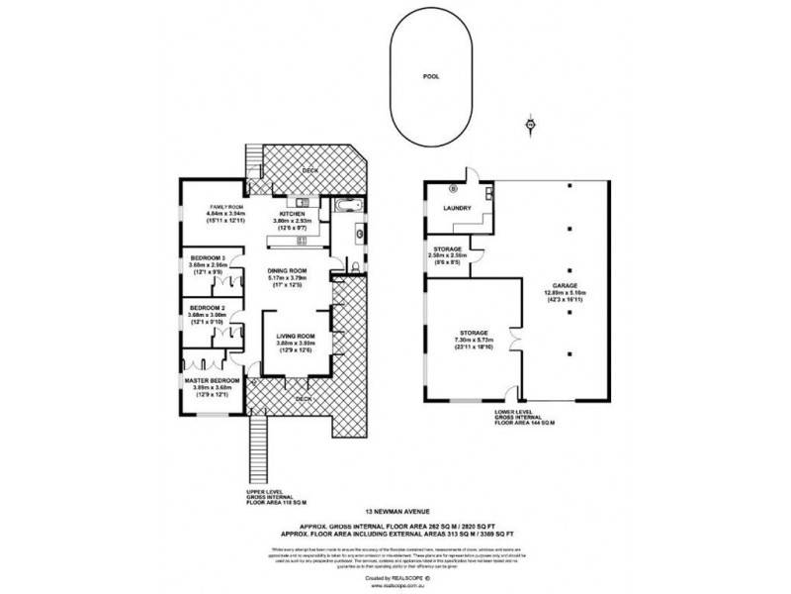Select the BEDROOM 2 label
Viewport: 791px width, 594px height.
coord(209,308)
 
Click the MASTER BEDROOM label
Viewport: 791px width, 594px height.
coord(213,380)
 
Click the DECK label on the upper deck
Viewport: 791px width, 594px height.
coord(308,168)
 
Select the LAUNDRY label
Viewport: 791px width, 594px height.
coord(456,208)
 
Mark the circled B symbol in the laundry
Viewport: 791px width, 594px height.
coord(454,187)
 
